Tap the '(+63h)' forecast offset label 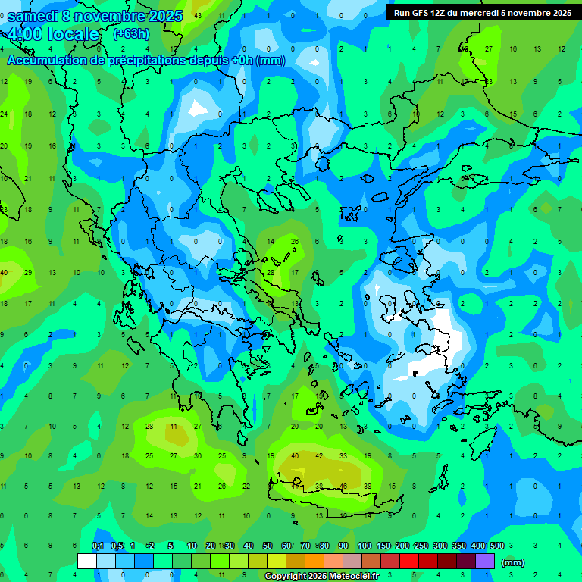click(131, 33)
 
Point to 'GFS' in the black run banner click(424, 13)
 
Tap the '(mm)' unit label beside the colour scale click(513, 563)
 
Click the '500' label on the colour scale click(496, 546)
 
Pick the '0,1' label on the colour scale click(98, 546)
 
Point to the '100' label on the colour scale click(364, 546)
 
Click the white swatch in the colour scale click(87, 562)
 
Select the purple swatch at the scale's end click(485, 562)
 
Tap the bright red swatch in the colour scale click(409, 562)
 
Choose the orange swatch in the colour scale click(314, 562)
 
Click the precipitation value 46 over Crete click(343, 486)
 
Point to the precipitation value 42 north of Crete click(319, 456)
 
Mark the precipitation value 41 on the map click(174, 427)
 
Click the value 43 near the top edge click(198, 15)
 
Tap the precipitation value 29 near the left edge click(28, 272)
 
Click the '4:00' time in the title click(25, 34)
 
